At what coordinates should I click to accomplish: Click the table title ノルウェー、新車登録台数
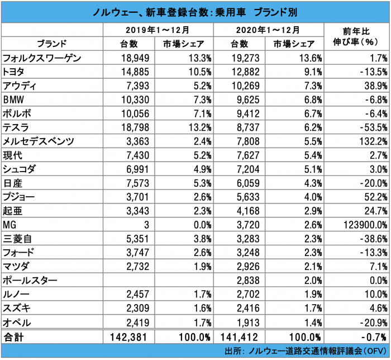[195, 11]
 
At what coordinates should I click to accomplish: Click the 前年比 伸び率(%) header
[357, 36]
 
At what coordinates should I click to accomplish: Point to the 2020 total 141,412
[240, 337]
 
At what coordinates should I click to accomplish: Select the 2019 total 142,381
[131, 337]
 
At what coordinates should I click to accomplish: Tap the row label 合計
[15, 337]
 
